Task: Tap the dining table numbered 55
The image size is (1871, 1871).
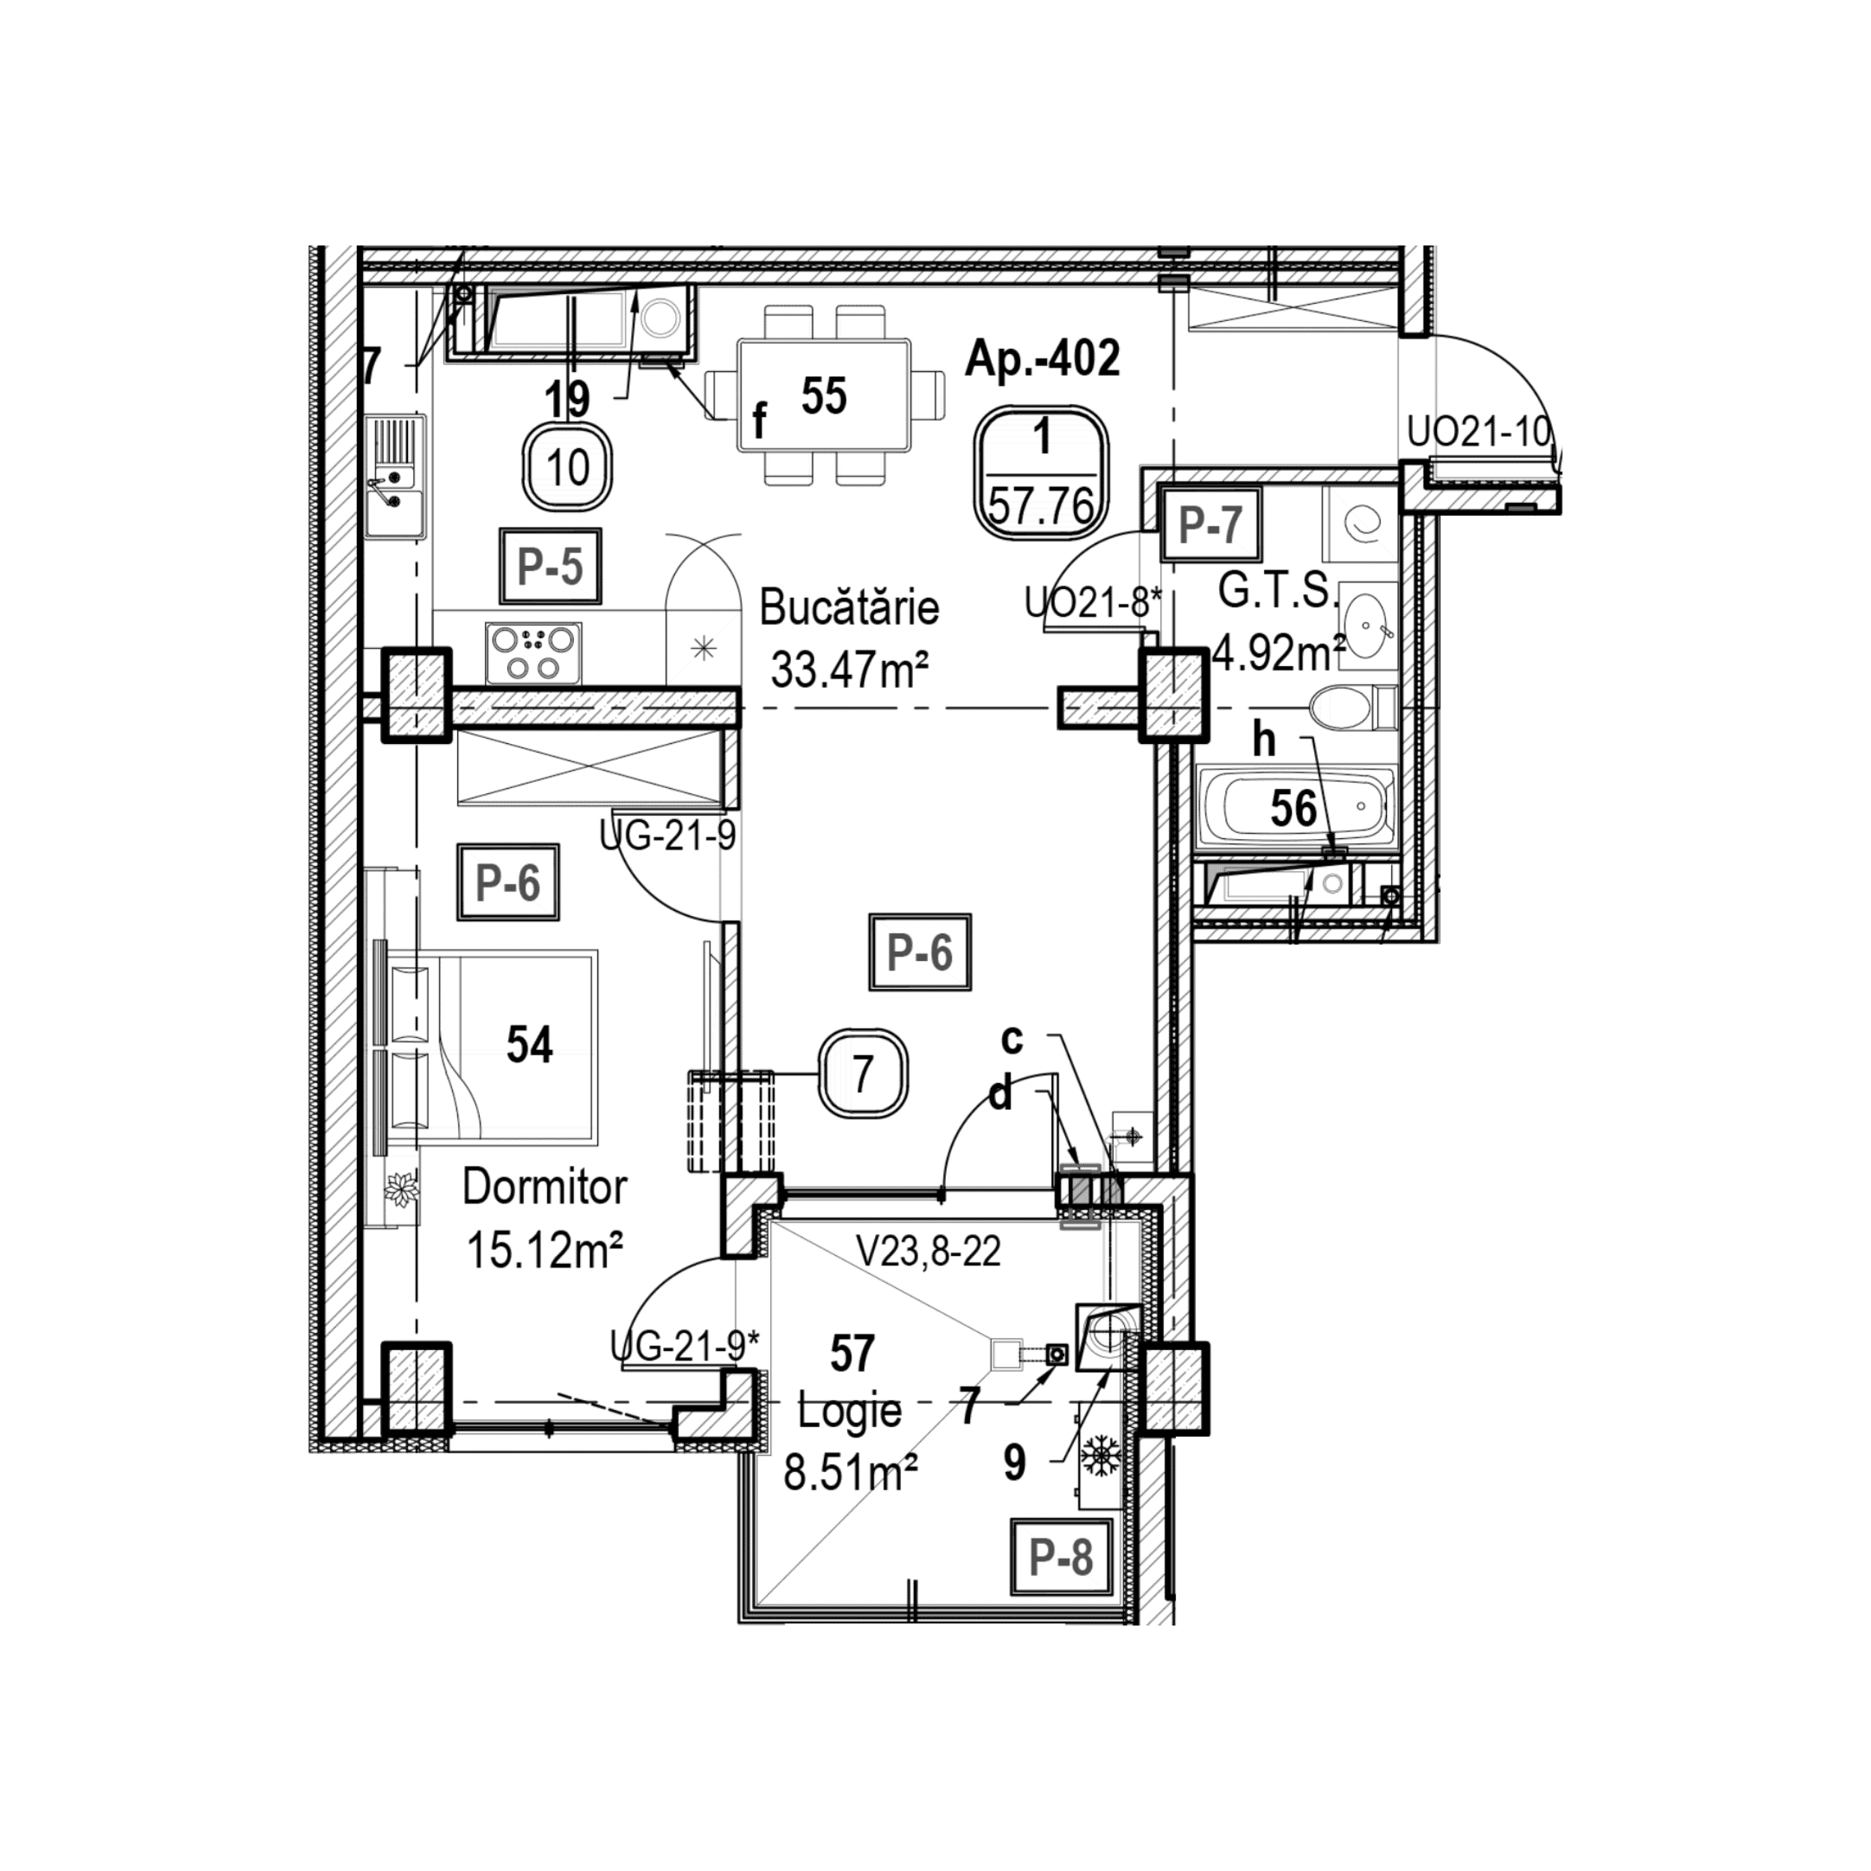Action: [x=824, y=394]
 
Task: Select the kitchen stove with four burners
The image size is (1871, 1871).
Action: [x=534, y=653]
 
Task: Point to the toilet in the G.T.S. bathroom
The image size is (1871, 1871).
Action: [x=1352, y=708]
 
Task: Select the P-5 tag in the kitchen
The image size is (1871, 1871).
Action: [x=550, y=567]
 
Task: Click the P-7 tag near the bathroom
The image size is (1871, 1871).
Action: [x=1209, y=525]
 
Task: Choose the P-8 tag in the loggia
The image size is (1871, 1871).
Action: [x=1060, y=1558]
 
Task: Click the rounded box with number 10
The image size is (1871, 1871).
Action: [x=569, y=468]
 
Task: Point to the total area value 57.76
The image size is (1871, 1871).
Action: [x=1041, y=505]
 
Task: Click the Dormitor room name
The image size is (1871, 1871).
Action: [x=544, y=1186]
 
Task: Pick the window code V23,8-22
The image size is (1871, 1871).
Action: [x=928, y=1251]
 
